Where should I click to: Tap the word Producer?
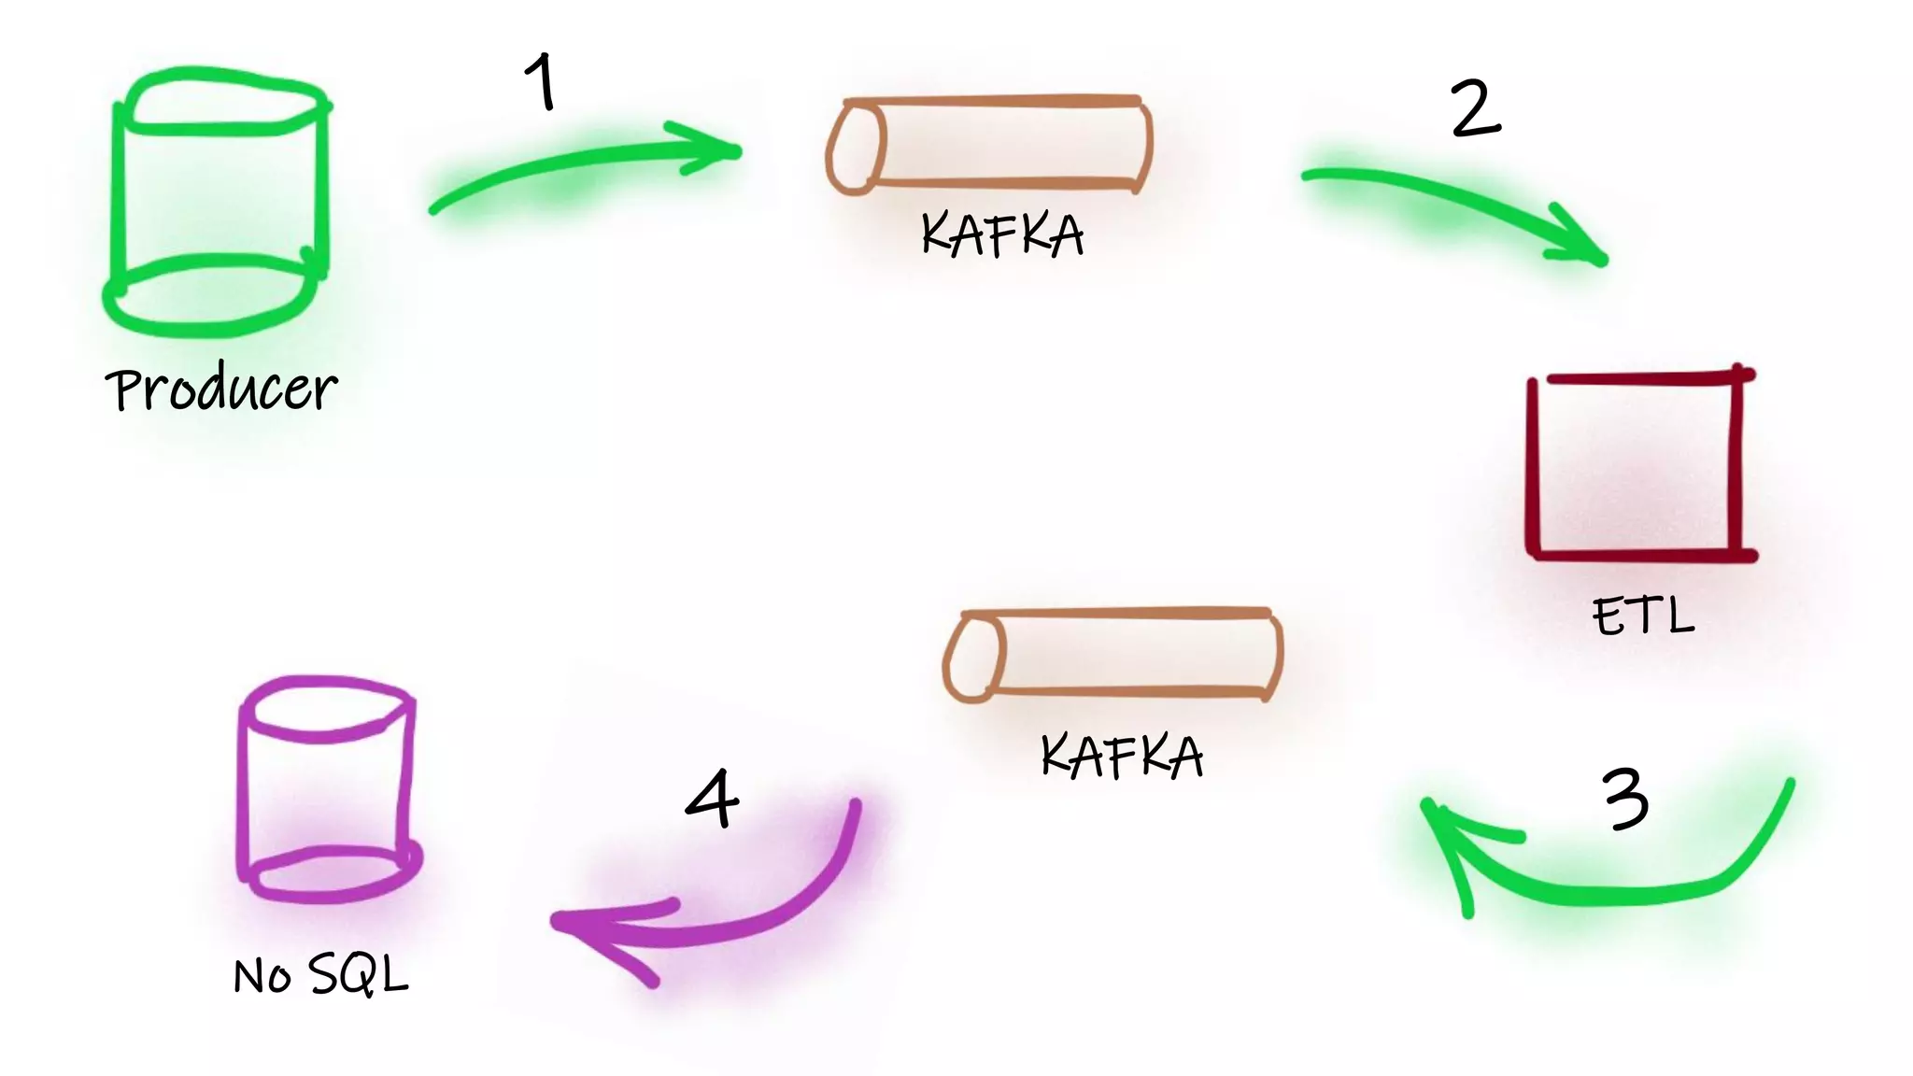point(220,389)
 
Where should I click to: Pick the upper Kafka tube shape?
point(990,144)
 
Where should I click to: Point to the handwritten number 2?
point(1476,108)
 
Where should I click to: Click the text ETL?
point(1643,616)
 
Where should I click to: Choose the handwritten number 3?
point(1626,800)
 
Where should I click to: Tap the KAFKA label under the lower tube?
point(1121,757)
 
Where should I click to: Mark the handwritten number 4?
point(713,800)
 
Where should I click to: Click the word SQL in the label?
point(359,975)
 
